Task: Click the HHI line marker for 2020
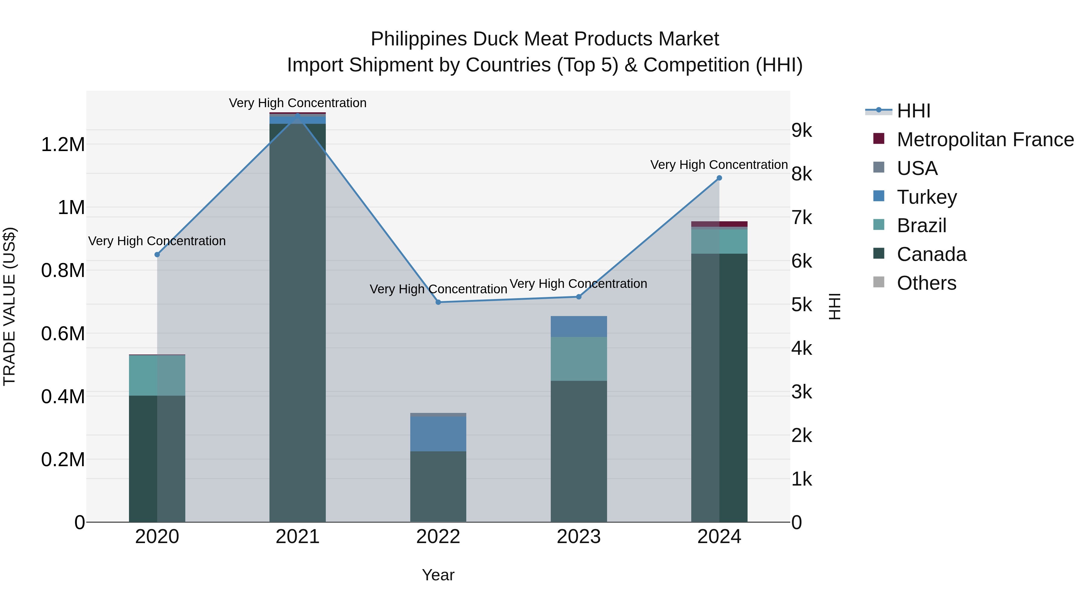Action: click(157, 255)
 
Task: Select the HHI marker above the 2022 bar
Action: click(438, 302)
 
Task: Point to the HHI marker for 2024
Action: click(719, 178)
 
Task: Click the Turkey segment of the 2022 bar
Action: click(438, 433)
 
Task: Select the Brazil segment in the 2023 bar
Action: click(578, 359)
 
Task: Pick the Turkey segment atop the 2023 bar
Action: click(578, 326)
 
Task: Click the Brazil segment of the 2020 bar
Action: click(157, 375)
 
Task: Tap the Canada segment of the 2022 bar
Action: click(438, 486)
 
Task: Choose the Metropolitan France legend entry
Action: click(985, 140)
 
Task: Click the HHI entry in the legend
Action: click(913, 111)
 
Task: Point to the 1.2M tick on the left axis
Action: click(63, 145)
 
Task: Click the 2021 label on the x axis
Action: click(297, 537)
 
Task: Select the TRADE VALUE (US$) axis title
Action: click(9, 306)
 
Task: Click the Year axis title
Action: click(438, 575)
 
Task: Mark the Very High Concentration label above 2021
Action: click(297, 103)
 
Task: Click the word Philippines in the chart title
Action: click(419, 39)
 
